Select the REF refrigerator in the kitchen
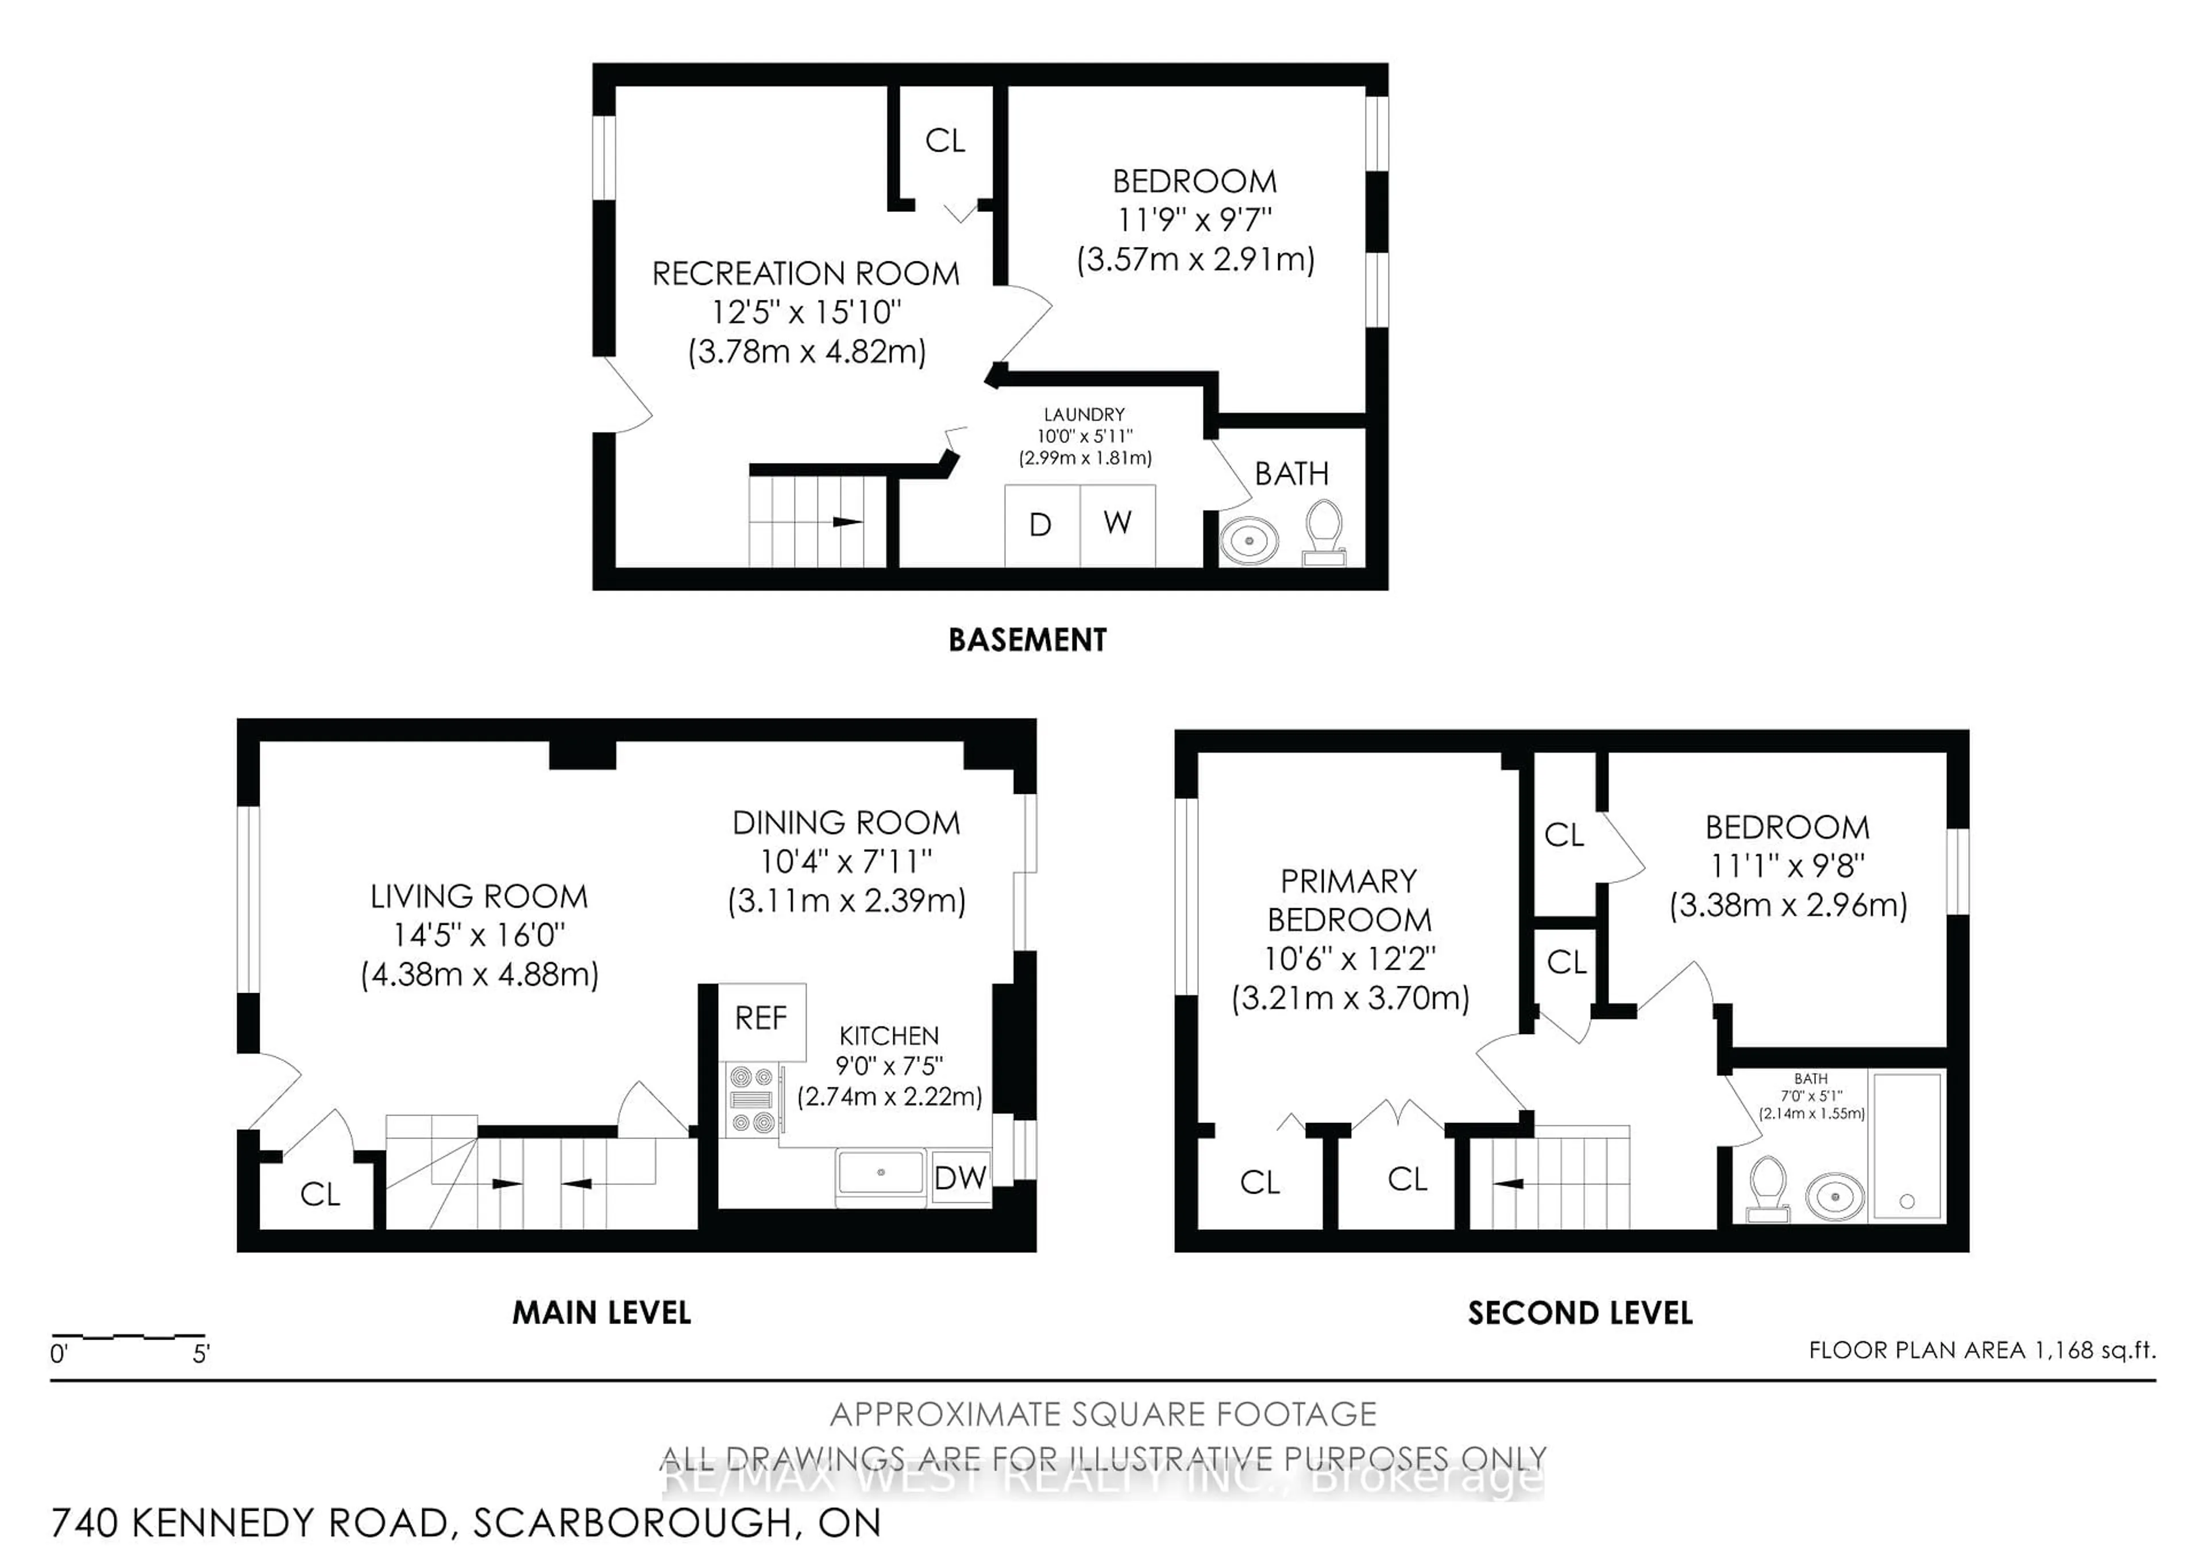coord(762,1019)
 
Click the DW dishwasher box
coord(961,1178)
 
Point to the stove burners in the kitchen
coord(751,1100)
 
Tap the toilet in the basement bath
coord(1324,530)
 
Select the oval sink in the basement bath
coord(1249,541)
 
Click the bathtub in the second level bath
coord(1907,1147)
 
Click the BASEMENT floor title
coord(1027,640)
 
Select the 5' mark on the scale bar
coord(201,1355)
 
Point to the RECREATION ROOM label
coord(805,275)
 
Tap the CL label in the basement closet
coord(944,141)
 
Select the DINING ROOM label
coord(846,823)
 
